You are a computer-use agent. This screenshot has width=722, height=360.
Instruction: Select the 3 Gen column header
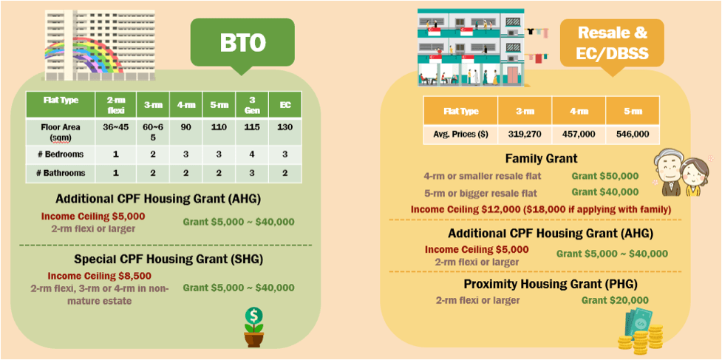(252, 104)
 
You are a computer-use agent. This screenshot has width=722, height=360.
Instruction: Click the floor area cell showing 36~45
(115, 126)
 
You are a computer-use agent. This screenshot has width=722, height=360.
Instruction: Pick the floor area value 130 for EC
(285, 126)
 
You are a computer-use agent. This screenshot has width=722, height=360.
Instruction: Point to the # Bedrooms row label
(61, 154)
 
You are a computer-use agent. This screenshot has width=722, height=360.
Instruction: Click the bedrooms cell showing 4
(252, 154)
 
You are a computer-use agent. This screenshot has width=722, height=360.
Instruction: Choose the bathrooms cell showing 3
(252, 173)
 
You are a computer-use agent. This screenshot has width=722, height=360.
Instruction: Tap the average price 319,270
(525, 134)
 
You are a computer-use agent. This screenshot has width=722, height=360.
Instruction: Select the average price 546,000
(632, 134)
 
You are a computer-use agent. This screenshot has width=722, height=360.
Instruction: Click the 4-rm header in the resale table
(579, 111)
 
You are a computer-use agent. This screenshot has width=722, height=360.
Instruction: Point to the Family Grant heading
(541, 159)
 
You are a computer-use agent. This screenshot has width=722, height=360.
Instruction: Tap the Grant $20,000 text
(615, 301)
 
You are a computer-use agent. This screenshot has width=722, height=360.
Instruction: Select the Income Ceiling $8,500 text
(100, 276)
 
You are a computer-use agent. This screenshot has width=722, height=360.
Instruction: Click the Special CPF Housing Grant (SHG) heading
(168, 259)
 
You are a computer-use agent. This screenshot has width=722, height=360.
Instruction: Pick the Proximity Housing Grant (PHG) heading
(551, 285)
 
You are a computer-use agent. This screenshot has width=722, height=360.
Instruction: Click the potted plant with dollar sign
(253, 327)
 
